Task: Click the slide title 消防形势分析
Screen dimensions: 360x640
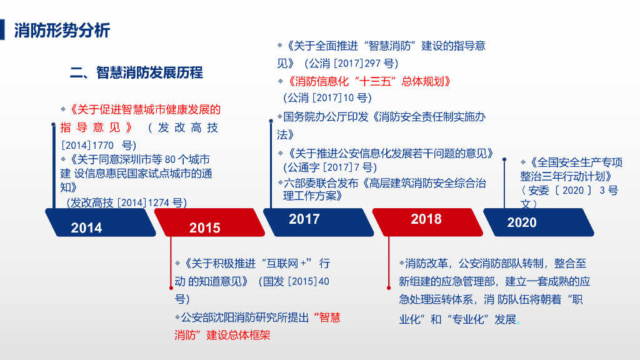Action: coord(62,30)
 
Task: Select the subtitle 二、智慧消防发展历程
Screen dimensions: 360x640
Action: coord(136,73)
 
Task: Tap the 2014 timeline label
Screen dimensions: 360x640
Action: coord(86,227)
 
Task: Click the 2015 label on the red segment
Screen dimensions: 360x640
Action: coord(205,228)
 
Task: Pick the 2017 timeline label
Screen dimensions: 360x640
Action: coord(304,219)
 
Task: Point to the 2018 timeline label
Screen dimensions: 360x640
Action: coord(426,219)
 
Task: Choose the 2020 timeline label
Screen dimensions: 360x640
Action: coord(522,222)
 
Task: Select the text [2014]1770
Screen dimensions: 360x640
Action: coord(87,144)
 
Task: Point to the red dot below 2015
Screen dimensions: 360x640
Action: coord(171,288)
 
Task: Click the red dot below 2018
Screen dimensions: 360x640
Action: coord(388,288)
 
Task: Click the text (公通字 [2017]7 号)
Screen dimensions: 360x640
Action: coord(329,167)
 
